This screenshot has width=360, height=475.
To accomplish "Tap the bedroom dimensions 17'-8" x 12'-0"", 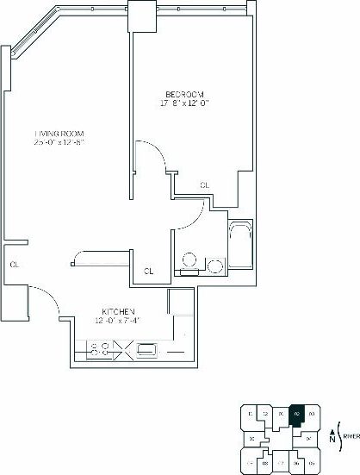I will click(x=185, y=103).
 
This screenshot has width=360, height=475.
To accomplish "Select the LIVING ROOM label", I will click(x=59, y=134).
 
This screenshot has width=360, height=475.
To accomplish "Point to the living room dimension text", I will click(x=59, y=144).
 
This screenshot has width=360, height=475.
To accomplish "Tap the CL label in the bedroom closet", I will click(x=204, y=184).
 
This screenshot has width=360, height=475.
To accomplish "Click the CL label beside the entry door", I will click(x=14, y=265).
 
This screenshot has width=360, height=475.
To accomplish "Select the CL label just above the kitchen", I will click(x=148, y=272).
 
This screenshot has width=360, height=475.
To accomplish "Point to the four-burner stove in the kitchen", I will click(x=99, y=349).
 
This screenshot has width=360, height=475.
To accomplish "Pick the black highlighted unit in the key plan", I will click(x=296, y=416).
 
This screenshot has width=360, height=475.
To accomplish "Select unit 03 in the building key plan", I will click(x=311, y=416).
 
